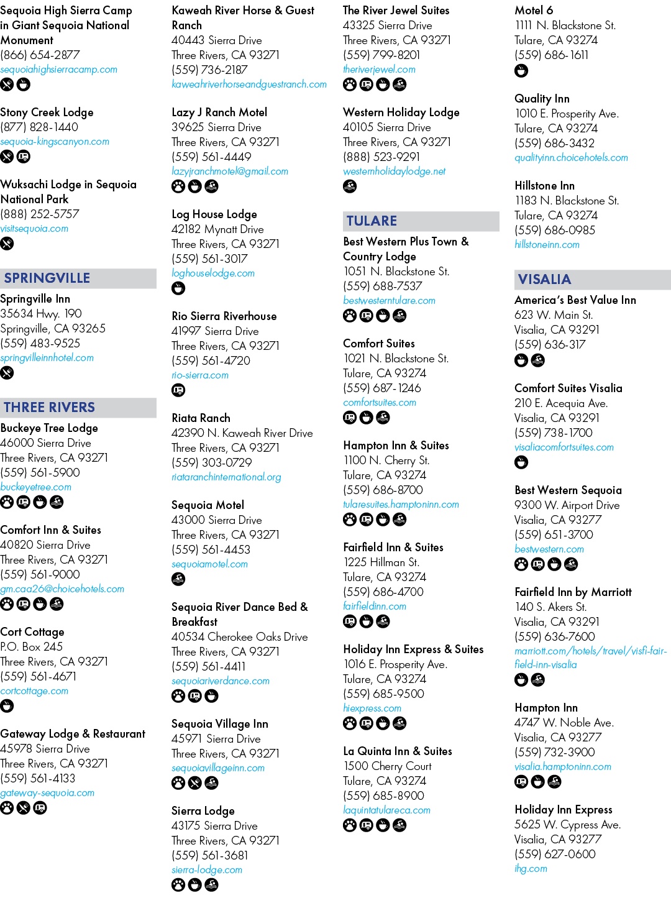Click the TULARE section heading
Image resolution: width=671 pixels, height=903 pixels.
click(x=372, y=221)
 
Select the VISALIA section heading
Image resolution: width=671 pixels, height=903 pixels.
click(x=544, y=279)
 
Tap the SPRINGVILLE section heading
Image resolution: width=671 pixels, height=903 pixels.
click(x=47, y=278)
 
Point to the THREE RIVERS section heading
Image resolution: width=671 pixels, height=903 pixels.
click(x=49, y=407)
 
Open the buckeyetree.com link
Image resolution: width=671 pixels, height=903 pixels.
click(x=36, y=487)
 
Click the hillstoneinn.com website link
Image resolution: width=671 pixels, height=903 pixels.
click(x=547, y=244)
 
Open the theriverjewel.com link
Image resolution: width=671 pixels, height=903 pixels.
click(x=379, y=69)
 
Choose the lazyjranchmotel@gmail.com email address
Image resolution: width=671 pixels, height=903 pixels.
click(x=230, y=171)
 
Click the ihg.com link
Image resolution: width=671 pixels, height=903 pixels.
click(x=531, y=868)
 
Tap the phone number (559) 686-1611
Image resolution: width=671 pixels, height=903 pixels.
click(x=551, y=55)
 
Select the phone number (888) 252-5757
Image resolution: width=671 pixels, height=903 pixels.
click(x=40, y=214)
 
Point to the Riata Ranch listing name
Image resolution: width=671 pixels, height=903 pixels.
click(x=201, y=418)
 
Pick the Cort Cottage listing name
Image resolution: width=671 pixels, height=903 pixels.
click(x=32, y=632)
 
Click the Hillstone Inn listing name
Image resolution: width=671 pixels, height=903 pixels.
click(x=544, y=186)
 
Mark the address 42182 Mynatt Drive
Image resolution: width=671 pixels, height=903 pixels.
click(x=217, y=229)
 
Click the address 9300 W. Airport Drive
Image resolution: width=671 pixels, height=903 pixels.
click(x=567, y=505)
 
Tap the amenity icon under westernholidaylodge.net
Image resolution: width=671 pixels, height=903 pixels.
click(x=350, y=186)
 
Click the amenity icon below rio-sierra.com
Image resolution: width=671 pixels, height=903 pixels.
click(x=178, y=390)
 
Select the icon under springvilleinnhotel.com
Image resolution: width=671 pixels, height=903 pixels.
click(x=7, y=373)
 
